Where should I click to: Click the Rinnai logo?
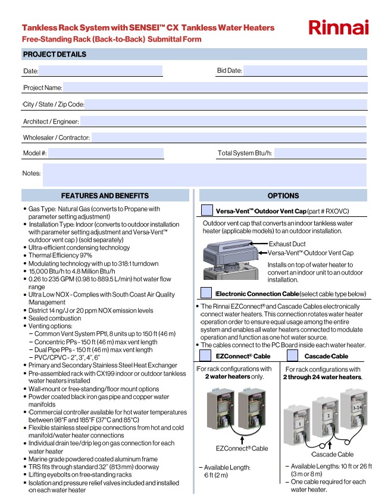[x=339, y=27]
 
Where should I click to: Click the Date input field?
[x=101, y=71]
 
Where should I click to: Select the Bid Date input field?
[x=304, y=71]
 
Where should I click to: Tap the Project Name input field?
[x=214, y=88]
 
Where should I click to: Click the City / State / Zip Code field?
[x=225, y=105]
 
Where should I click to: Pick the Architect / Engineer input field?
[x=223, y=121]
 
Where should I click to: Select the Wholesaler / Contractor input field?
[x=229, y=138]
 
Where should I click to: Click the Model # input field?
[x=106, y=153]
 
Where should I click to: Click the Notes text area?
[x=204, y=175]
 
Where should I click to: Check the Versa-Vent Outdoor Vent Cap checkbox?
[x=206, y=210]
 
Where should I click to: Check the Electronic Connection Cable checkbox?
[x=206, y=293]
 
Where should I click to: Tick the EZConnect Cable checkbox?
[x=204, y=355]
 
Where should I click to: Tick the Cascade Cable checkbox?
[x=293, y=355]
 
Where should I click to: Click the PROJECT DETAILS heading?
[x=55, y=54]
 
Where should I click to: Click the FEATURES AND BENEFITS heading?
[x=105, y=196]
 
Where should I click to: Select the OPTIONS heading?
[x=283, y=196]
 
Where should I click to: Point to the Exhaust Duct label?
[x=287, y=244]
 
